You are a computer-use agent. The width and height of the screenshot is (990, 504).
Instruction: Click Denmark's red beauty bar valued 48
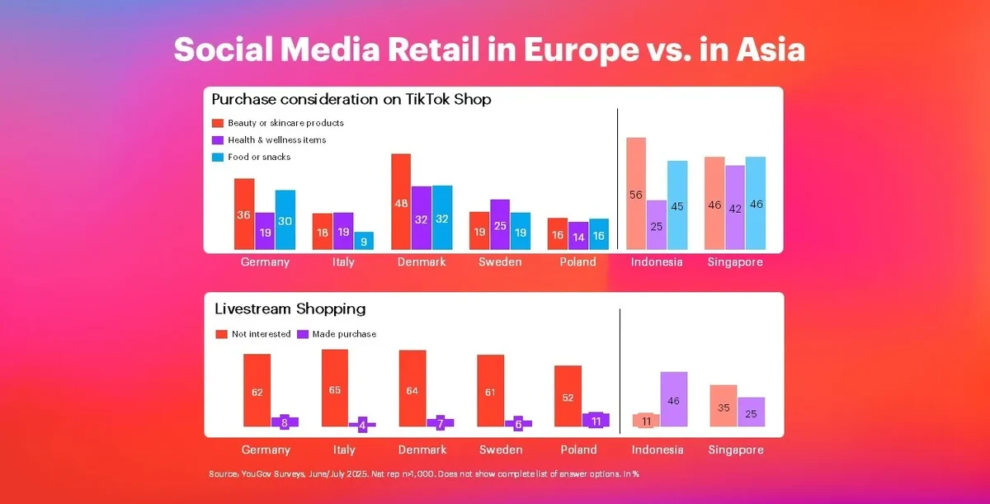click(401, 201)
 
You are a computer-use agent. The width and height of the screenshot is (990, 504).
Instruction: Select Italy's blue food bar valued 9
click(364, 241)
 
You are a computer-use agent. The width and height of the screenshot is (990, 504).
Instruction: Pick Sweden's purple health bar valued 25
click(500, 224)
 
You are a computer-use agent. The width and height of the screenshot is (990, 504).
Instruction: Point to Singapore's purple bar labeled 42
click(735, 207)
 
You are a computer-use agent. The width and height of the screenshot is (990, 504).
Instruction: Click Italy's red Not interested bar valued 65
click(334, 388)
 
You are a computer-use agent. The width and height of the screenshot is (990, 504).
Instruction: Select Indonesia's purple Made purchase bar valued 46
click(673, 399)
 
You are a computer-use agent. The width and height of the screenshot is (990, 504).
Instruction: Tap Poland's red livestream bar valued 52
click(568, 396)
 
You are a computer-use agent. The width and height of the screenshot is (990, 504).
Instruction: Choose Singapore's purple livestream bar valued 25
click(751, 412)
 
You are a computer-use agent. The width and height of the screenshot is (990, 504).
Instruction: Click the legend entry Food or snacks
click(258, 157)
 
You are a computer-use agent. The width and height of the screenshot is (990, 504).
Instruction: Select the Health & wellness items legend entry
click(276, 140)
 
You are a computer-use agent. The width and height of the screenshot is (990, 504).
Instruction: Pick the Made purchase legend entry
click(344, 334)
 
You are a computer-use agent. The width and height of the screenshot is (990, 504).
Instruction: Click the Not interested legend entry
click(259, 334)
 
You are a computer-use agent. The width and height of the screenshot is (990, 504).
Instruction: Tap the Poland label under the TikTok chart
click(577, 262)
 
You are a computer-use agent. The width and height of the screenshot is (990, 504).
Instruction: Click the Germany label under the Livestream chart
click(266, 450)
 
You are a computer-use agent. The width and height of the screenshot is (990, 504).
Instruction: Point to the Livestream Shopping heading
click(290, 309)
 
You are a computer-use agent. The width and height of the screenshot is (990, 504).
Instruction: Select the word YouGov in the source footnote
click(255, 474)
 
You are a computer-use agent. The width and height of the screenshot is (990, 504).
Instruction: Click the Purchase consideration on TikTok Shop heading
click(351, 100)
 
